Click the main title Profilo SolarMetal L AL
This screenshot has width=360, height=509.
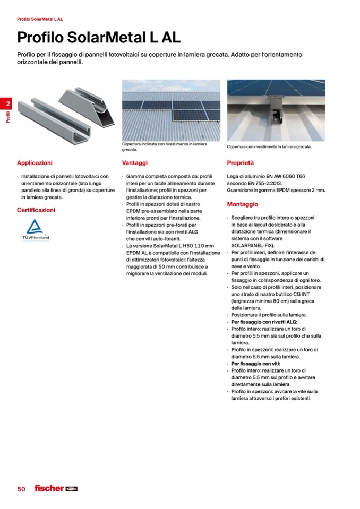(x=99, y=38)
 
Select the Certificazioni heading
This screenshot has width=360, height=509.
(x=36, y=210)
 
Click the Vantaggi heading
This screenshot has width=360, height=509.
(x=134, y=163)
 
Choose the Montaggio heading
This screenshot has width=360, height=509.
(x=242, y=204)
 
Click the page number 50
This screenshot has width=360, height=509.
(x=21, y=489)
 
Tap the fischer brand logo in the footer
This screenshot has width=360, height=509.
(x=56, y=488)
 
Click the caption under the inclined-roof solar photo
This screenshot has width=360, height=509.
(x=164, y=146)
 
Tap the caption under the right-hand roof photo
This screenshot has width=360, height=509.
(x=269, y=146)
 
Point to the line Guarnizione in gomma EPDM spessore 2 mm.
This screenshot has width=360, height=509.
(x=276, y=190)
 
